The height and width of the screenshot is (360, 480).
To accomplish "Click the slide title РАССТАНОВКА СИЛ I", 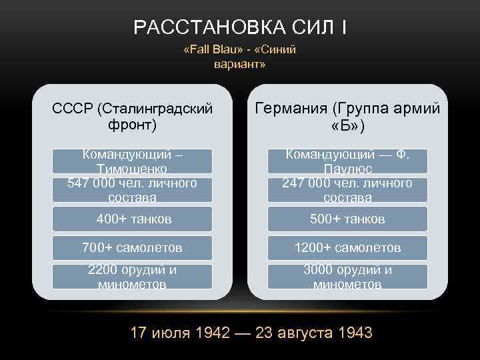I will click(x=239, y=27).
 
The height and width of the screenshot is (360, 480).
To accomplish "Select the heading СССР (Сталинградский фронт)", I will click(x=132, y=116).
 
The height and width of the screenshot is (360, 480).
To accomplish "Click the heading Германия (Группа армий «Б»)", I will click(x=347, y=116).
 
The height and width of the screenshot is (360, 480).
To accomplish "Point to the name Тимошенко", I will click(x=132, y=169).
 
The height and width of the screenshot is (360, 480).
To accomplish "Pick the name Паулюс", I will click(x=347, y=169).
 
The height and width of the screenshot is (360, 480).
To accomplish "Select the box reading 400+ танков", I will click(x=132, y=219).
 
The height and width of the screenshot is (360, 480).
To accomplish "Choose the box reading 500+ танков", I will click(x=347, y=219).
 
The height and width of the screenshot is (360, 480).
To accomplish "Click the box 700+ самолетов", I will click(x=132, y=248).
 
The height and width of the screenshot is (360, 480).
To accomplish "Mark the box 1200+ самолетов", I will click(x=347, y=248).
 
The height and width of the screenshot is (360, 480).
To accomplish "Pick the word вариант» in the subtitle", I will click(x=239, y=65).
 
